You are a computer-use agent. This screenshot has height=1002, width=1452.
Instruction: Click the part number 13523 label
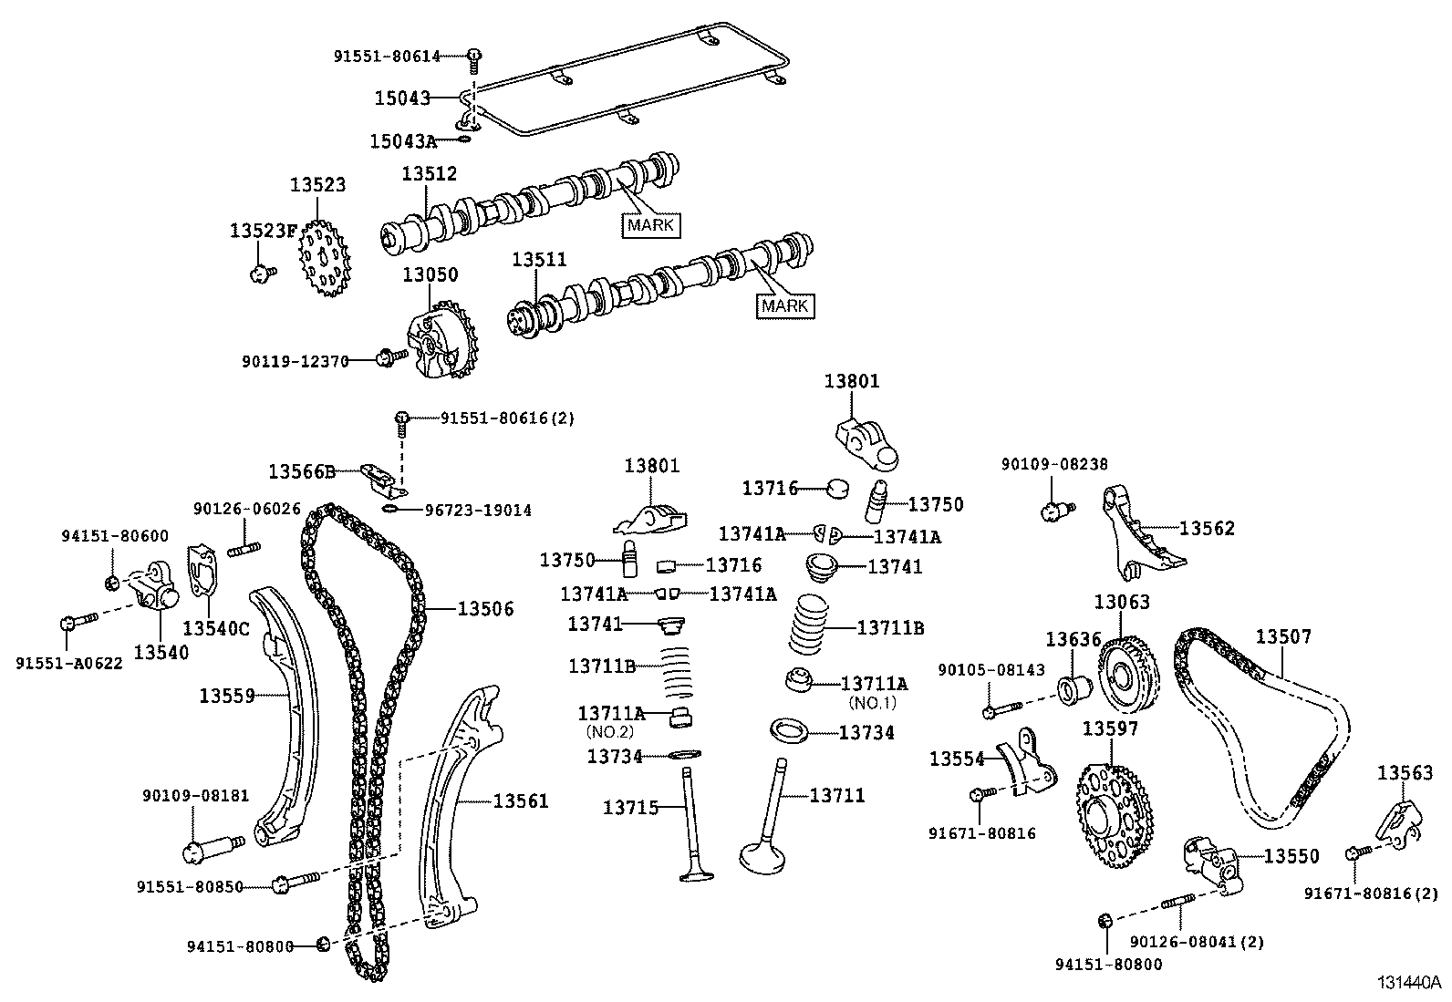pyautogui.click(x=318, y=185)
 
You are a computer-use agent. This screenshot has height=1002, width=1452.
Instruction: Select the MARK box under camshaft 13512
pyautogui.click(x=651, y=224)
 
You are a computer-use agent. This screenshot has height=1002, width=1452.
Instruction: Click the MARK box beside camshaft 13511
pyautogui.click(x=785, y=305)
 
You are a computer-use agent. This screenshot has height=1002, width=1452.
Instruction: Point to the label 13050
pyautogui.click(x=430, y=274)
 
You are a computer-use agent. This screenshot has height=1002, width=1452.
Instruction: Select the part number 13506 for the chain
pyautogui.click(x=485, y=609)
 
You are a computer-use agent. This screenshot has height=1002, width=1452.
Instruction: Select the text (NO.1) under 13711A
pyautogui.click(x=873, y=703)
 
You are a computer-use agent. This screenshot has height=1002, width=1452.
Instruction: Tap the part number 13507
pyautogui.click(x=1284, y=636)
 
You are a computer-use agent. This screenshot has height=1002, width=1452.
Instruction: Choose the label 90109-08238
pyautogui.click(x=1054, y=464)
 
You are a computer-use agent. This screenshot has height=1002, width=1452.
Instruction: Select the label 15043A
pyautogui.click(x=403, y=141)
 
